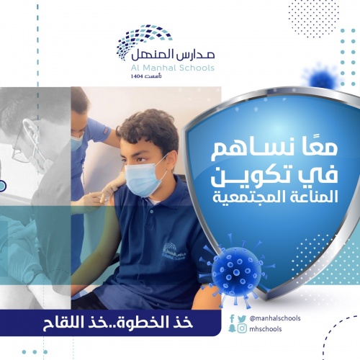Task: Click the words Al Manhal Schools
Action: pyautogui.click(x=173, y=68)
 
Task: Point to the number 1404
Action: pyautogui.click(x=136, y=76)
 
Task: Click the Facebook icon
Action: pyautogui.click(x=232, y=318)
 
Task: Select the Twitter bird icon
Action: pyautogui.click(x=242, y=319)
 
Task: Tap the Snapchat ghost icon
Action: pyautogui.click(x=232, y=328)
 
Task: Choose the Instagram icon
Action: pyautogui.click(x=242, y=328)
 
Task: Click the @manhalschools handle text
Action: pyautogui.click(x=275, y=318)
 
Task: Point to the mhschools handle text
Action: pyautogui.click(x=266, y=328)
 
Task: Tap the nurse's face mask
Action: pyautogui.click(x=77, y=143)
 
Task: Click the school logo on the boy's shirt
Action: pyautogui.click(x=174, y=252)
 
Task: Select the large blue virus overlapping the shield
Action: pyautogui.click(x=236, y=271)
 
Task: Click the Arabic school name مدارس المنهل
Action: pyautogui.click(x=173, y=55)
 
